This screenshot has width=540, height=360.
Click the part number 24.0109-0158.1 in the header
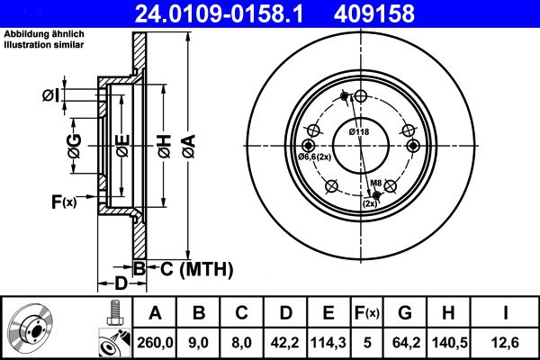tap(229, 13)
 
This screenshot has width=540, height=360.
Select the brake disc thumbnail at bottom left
tap(35, 328)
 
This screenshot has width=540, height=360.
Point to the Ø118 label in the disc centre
tap(359, 133)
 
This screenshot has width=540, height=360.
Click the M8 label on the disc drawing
tap(377, 184)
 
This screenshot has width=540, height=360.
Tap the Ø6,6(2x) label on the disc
tap(316, 157)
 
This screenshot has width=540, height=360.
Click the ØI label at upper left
tap(51, 95)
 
